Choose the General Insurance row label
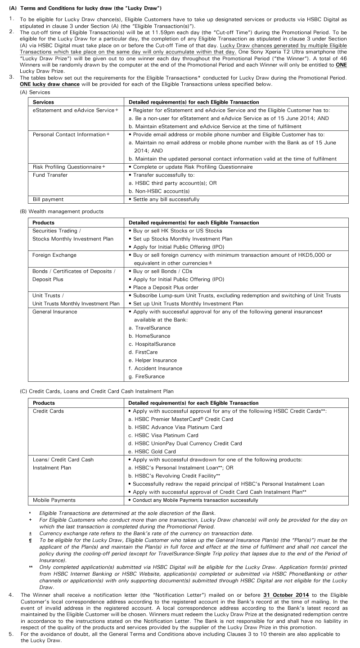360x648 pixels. click(x=55, y=312)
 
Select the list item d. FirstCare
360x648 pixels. click(x=144, y=352)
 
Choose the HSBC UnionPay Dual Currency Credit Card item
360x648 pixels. click(x=185, y=443)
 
